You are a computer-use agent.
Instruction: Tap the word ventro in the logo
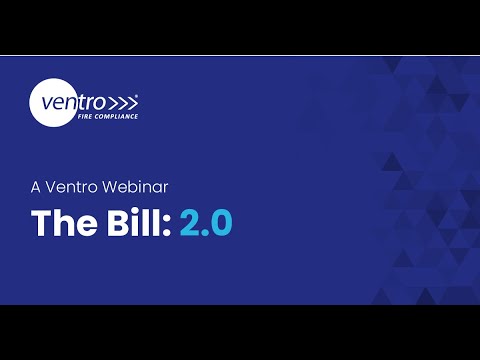pos(70,101)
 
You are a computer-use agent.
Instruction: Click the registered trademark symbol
pos(137,96)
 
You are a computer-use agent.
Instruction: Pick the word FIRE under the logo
pos(85,116)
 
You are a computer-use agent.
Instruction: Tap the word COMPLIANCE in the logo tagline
pos(116,116)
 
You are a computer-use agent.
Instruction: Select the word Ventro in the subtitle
pos(78,185)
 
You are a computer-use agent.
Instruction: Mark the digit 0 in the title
pos(220,223)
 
